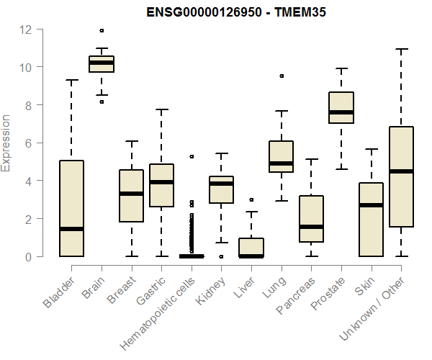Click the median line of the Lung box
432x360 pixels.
(281, 163)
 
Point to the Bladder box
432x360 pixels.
(71, 209)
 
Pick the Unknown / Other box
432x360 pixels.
(401, 176)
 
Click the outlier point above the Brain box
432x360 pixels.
(102, 30)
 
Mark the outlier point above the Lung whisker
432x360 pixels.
(281, 76)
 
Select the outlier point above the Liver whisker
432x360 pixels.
(251, 199)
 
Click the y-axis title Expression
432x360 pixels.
(6, 143)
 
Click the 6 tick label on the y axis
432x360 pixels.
(29, 143)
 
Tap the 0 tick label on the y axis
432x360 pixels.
(29, 256)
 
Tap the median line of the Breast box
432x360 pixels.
(131, 194)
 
